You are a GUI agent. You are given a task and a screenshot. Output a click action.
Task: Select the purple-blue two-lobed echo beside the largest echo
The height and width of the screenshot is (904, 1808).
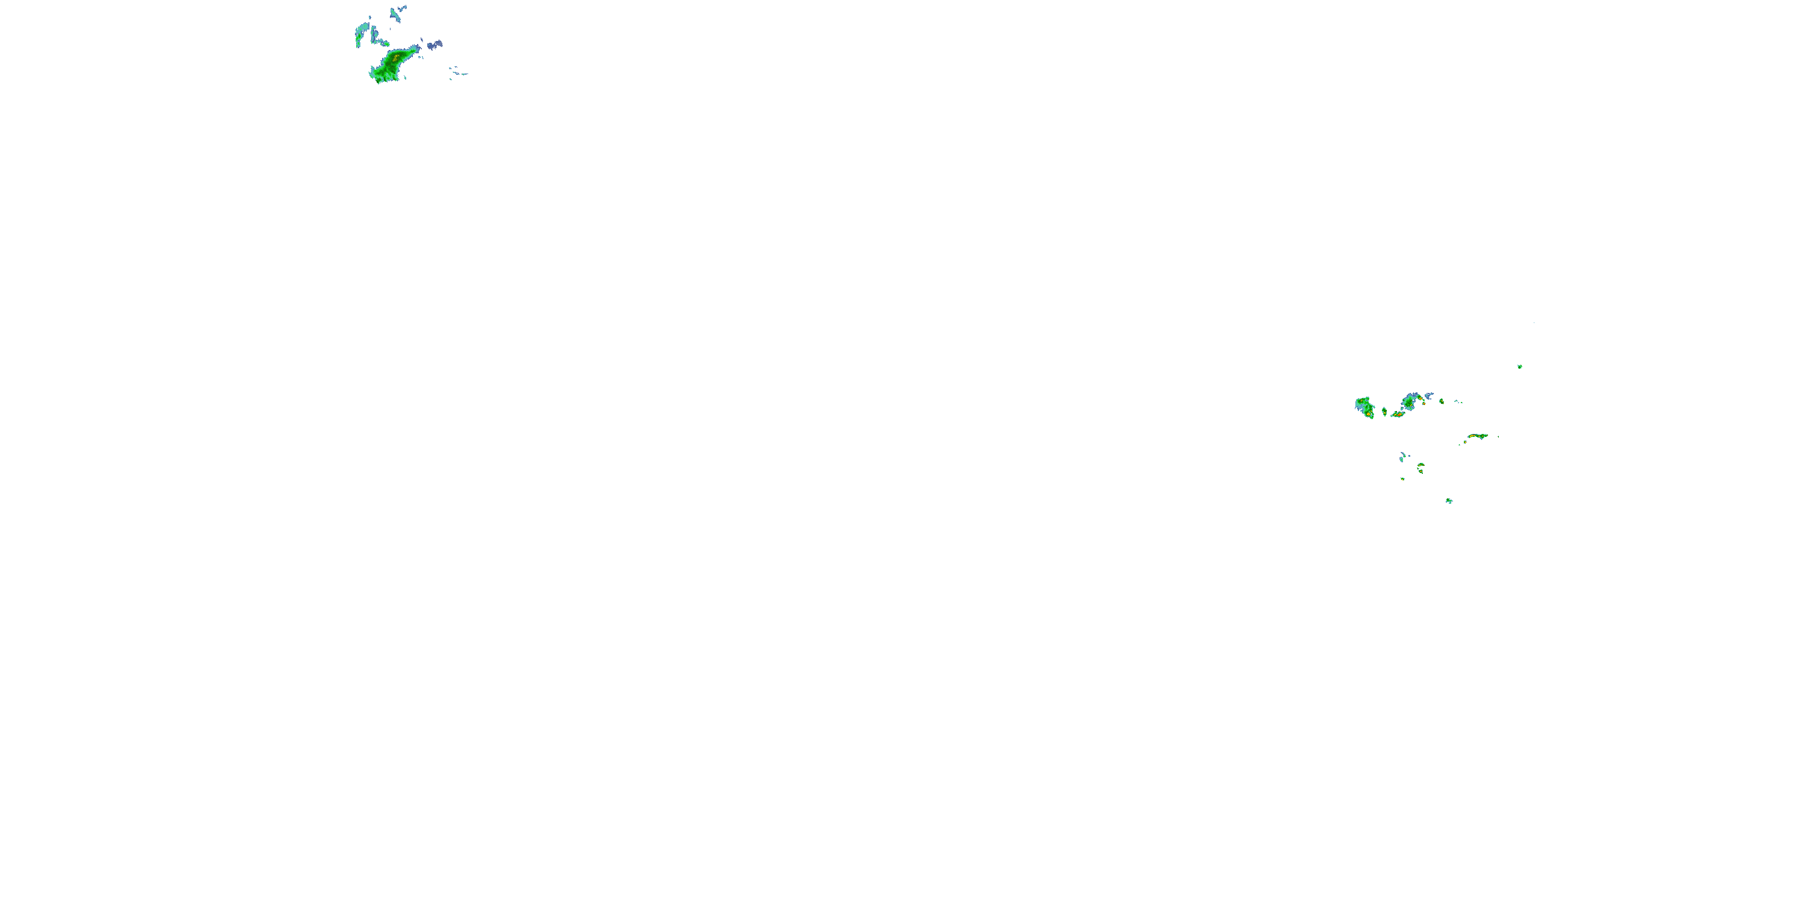435,44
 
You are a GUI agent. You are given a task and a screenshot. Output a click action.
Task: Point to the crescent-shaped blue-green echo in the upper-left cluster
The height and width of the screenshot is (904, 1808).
362,33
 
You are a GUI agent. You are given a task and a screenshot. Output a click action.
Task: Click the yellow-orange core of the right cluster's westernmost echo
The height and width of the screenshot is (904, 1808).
1369,415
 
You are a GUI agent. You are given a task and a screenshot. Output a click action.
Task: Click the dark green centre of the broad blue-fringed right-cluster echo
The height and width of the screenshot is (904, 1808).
1408,403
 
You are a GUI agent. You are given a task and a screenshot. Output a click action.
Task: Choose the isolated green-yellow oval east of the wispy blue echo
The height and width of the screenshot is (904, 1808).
1442,401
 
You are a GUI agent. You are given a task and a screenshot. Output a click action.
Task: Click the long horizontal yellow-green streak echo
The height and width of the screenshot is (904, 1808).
1477,436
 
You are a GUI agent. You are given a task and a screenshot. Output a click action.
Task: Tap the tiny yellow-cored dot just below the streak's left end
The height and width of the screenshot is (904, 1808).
1466,442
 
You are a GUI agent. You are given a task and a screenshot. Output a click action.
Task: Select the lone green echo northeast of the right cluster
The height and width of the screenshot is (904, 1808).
1519,366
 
